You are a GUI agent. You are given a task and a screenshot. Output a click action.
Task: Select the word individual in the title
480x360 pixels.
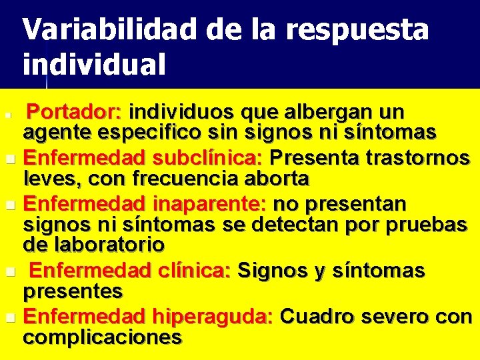94,65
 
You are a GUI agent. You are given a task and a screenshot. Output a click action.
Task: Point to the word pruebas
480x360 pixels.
431,225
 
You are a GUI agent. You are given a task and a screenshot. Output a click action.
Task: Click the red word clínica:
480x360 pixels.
197,271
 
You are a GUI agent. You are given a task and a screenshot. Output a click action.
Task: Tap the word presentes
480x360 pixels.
73,291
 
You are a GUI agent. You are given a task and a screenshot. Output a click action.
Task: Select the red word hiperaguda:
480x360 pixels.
212,317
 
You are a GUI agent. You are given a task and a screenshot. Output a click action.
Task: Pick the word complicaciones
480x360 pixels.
103,337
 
